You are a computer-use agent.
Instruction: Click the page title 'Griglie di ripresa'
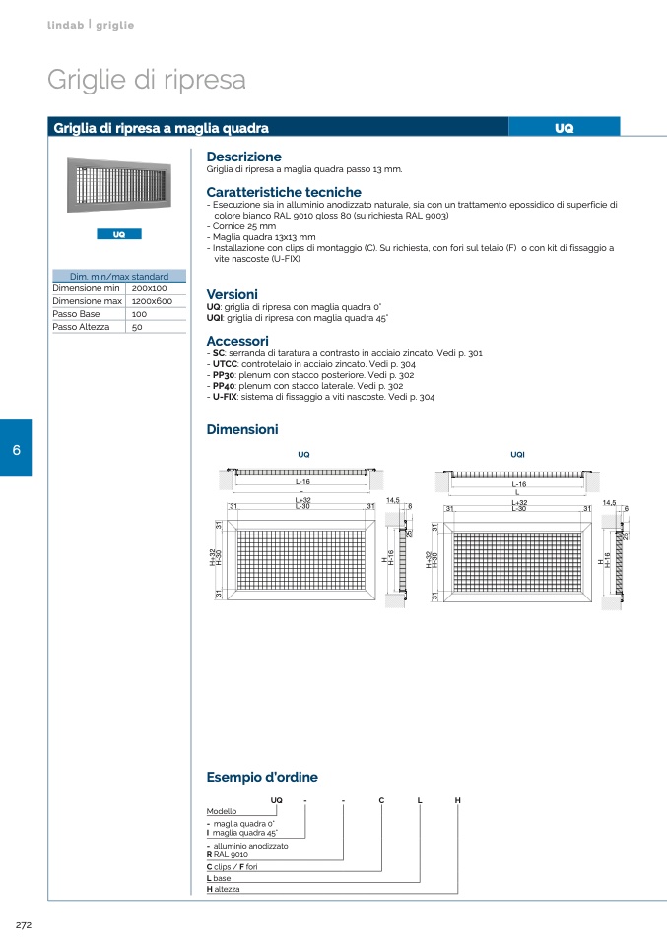(x=146, y=80)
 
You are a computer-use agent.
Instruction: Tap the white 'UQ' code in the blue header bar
(x=564, y=128)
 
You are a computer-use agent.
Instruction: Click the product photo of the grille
(x=118, y=187)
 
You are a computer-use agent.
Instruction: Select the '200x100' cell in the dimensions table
(x=150, y=288)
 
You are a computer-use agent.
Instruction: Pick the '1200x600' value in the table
(x=152, y=301)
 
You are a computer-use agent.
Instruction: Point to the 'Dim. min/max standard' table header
(x=119, y=277)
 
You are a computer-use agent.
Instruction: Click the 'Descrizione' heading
(x=243, y=157)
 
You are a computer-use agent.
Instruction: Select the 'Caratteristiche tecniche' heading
(x=284, y=192)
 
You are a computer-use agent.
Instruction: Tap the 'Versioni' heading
(x=232, y=294)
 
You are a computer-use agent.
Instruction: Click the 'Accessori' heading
(x=236, y=341)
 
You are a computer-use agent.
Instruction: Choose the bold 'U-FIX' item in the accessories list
(x=228, y=397)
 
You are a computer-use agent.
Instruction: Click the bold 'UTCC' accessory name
(x=227, y=364)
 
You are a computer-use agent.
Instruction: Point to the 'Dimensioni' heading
(x=242, y=429)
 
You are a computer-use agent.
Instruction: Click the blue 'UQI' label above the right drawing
(x=518, y=454)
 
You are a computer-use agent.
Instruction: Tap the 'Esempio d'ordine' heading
(x=262, y=777)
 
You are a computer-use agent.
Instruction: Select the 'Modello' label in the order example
(x=221, y=811)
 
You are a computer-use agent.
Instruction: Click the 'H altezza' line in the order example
(x=224, y=889)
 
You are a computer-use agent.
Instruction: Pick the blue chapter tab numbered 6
(x=16, y=449)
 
